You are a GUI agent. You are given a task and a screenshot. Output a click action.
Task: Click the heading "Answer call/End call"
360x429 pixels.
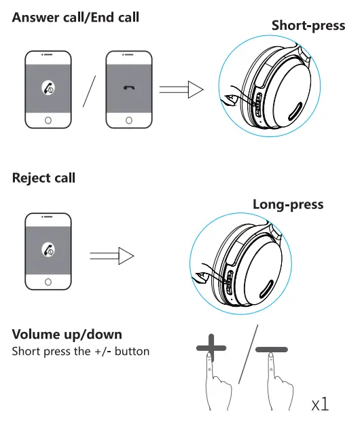click(75, 16)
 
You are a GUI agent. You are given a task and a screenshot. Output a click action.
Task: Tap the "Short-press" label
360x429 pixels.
click(308, 26)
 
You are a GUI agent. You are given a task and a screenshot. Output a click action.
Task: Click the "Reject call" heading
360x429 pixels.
click(43, 179)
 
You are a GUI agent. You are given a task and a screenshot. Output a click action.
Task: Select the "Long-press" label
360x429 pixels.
click(288, 204)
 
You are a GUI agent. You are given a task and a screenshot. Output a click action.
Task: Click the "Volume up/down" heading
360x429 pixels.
click(67, 335)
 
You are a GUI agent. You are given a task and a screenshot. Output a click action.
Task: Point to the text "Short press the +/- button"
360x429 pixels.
click(81, 352)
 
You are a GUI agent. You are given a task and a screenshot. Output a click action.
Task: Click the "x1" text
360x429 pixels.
click(320, 405)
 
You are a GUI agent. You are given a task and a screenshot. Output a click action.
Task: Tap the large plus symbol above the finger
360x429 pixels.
click(211, 350)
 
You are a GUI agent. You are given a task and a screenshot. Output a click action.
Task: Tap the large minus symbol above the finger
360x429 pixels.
click(271, 350)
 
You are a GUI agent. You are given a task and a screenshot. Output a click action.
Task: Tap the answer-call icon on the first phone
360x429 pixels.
click(48, 88)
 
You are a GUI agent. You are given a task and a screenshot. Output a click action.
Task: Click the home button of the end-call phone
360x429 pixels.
click(128, 120)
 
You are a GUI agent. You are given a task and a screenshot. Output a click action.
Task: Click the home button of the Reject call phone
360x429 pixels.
click(48, 281)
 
